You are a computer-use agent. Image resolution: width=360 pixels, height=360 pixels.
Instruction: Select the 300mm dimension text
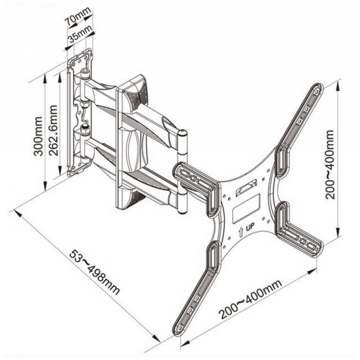pyautogui.click(x=38, y=136)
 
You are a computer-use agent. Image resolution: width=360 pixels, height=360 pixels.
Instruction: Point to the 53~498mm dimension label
pyautogui.click(x=94, y=272)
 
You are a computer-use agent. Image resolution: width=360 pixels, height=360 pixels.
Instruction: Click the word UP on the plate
pyautogui.click(x=250, y=228)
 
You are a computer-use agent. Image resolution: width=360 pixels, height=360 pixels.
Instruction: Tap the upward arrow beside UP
pyautogui.click(x=241, y=231)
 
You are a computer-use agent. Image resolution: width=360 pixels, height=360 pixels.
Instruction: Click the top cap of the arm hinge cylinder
pyautogui.click(x=183, y=133)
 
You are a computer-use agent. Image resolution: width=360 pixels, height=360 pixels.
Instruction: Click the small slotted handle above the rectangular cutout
pyautogui.click(x=246, y=187)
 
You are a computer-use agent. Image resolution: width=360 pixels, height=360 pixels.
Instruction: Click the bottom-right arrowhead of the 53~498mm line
pyautogui.click(x=157, y=338)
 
